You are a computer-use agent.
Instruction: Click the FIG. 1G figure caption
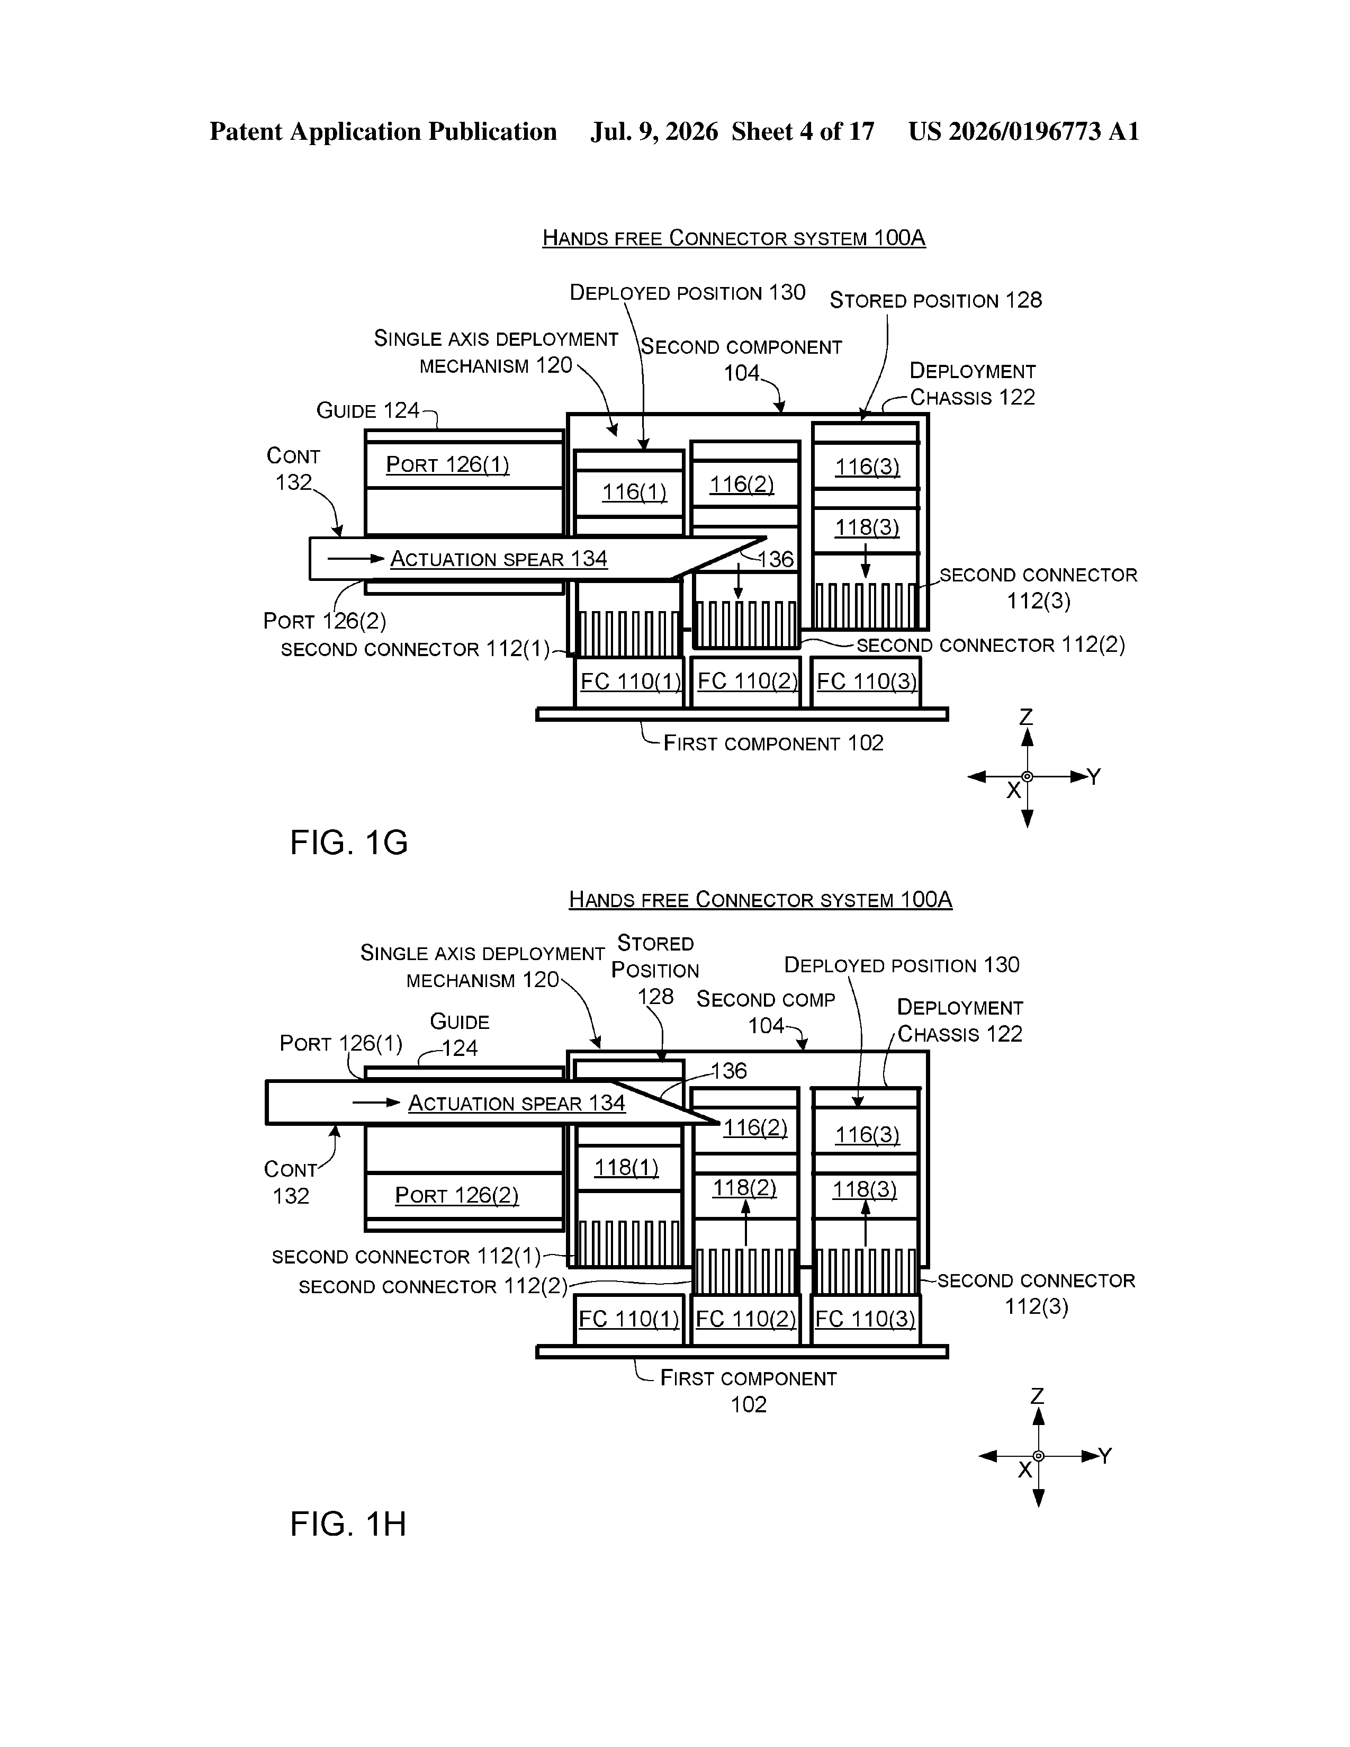[x=349, y=843]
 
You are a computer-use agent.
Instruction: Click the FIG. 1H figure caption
[x=348, y=1524]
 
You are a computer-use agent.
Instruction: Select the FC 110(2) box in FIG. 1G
[x=746, y=682]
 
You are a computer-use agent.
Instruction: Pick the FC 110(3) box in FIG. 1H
[x=866, y=1319]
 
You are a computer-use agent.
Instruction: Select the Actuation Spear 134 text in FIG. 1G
[x=499, y=559]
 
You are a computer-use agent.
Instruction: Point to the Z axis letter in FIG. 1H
[x=1037, y=1396]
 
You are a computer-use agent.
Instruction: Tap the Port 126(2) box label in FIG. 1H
[x=457, y=1195]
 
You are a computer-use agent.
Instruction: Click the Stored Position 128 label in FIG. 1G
[x=935, y=301]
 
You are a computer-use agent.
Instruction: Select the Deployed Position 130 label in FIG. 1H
[x=902, y=965]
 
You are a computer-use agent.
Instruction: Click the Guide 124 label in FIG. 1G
[x=368, y=411]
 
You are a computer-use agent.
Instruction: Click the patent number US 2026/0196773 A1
[x=1024, y=131]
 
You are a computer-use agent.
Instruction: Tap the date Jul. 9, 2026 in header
[x=654, y=131]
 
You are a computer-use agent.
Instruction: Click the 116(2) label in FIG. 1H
[x=755, y=1128]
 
